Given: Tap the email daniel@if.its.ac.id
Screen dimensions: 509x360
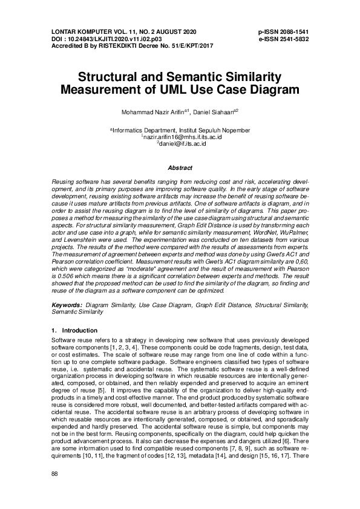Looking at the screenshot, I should pos(183,144).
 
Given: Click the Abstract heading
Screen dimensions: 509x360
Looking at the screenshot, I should pos(180,168).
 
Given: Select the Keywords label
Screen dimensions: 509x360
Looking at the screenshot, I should pos(67,306).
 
